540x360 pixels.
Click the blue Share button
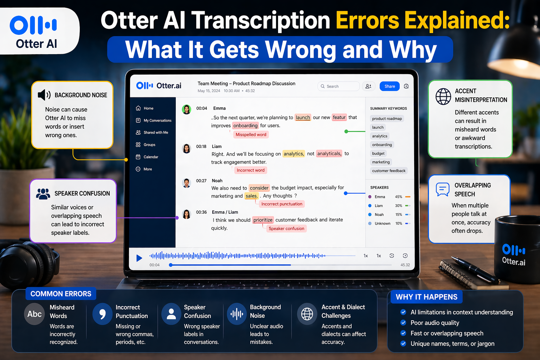(390, 86)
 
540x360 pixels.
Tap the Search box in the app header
(338, 86)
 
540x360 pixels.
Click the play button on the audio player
(139, 258)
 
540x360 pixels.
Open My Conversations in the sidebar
(157, 121)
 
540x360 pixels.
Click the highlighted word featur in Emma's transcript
(339, 117)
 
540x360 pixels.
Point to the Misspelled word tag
(251, 135)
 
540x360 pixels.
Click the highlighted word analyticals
(329, 154)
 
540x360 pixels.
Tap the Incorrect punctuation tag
(282, 204)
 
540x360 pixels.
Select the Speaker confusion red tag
(286, 229)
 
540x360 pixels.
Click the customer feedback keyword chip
(388, 171)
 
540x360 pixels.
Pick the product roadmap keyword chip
(387, 119)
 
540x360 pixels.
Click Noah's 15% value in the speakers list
(399, 215)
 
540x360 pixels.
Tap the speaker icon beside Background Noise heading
(44, 95)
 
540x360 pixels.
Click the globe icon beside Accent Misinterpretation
(443, 96)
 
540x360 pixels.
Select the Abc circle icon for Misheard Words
(34, 314)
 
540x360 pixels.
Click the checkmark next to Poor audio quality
(403, 323)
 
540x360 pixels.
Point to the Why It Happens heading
(426, 297)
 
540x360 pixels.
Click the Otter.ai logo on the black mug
(514, 255)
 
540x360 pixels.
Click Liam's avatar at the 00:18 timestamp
(186, 149)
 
